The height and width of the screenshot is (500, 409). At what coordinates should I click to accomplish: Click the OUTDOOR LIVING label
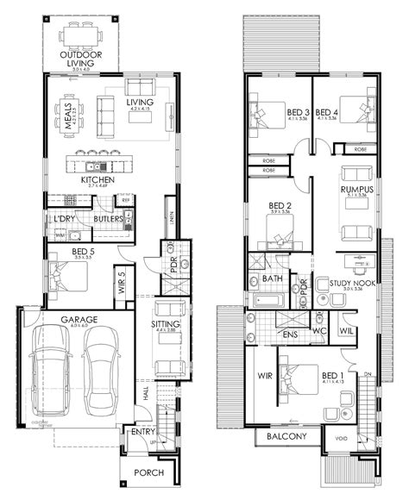81,58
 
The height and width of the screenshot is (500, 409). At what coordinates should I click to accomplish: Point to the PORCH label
148,473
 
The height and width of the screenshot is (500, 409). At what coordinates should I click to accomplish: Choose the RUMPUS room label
356,190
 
